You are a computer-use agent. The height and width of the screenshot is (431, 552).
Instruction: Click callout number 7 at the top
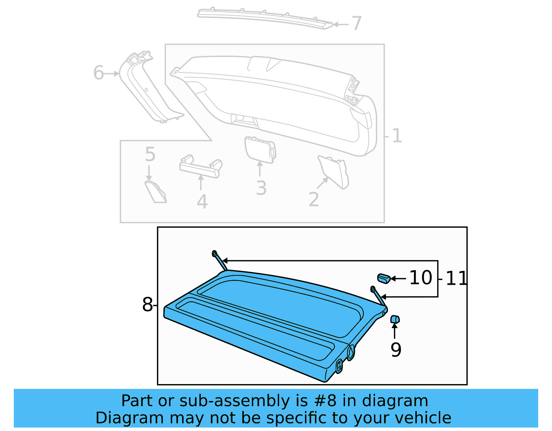(x=356, y=23)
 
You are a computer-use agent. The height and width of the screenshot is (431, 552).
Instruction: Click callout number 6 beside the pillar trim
(x=98, y=73)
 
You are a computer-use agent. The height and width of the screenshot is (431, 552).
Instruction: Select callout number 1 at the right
(x=397, y=136)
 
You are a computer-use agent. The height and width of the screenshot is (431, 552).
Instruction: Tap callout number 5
(x=150, y=154)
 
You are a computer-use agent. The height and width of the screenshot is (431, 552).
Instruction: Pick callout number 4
(x=202, y=202)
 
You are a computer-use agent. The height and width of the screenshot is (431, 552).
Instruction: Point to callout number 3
(x=261, y=188)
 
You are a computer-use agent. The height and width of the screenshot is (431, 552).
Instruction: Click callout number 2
(x=314, y=199)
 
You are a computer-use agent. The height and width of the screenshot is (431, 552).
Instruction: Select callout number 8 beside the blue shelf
(x=147, y=305)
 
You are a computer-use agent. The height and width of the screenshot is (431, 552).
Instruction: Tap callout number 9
(x=396, y=350)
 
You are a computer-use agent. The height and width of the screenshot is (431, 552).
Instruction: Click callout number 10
(x=421, y=278)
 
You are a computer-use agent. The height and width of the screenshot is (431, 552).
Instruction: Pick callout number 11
(x=456, y=278)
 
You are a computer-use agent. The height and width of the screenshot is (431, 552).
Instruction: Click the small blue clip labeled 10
(x=384, y=278)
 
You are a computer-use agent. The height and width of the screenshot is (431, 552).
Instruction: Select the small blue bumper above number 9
(x=395, y=319)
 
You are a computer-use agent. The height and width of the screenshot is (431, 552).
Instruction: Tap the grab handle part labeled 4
(x=200, y=167)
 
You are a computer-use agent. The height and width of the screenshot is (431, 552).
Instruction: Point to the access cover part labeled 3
(x=259, y=149)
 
